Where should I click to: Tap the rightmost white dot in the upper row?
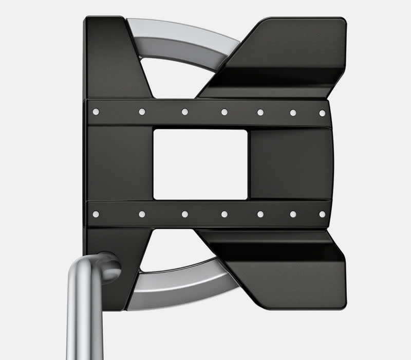pos(322,113)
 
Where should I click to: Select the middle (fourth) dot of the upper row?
pos(225,112)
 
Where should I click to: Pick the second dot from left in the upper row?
pos(142,112)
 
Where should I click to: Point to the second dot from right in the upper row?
pos(293,112)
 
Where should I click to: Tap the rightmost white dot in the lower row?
pos(322,214)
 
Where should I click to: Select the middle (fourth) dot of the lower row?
pos(225,214)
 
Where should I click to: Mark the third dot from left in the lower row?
pos(184,214)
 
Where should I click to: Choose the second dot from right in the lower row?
pos(293,214)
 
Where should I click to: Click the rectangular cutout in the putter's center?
pos(200,164)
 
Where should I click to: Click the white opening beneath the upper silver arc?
pos(172,77)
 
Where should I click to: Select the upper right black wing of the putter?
pos(288,57)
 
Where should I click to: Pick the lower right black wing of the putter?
pos(288,267)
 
